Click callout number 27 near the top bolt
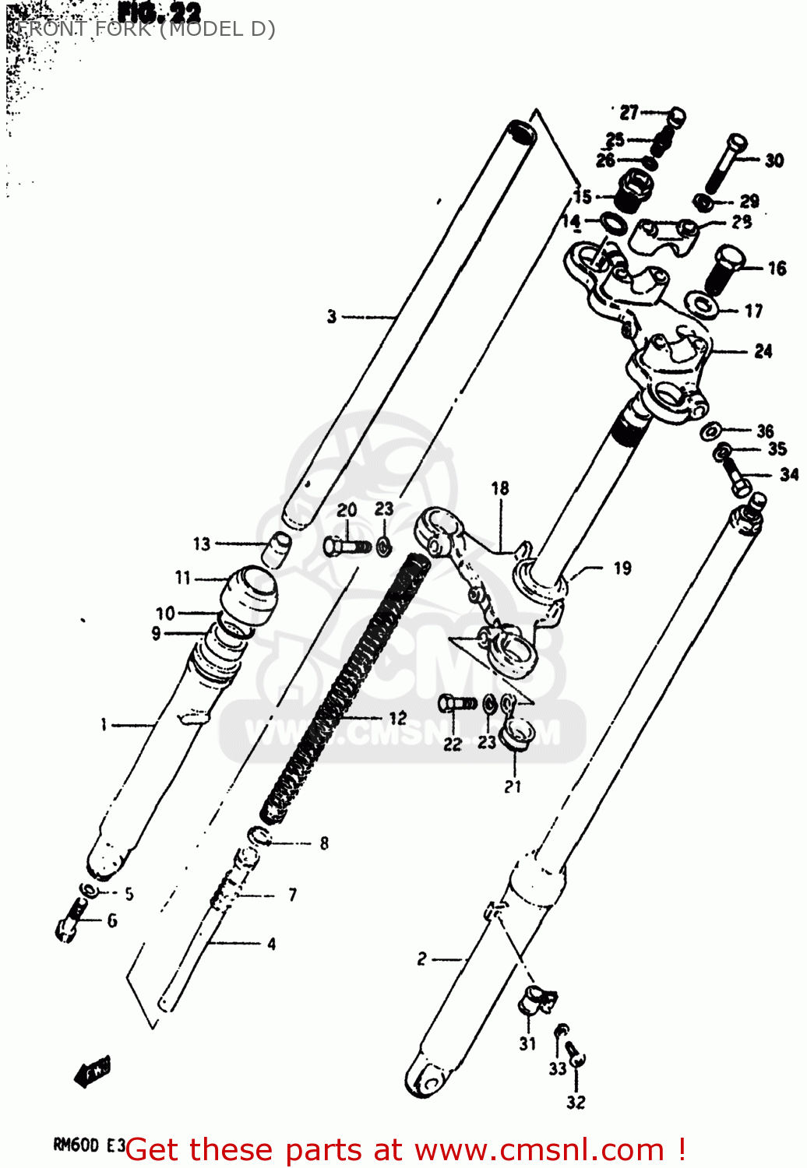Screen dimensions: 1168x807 (x=629, y=113)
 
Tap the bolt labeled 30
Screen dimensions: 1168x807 (x=725, y=164)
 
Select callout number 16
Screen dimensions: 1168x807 (x=777, y=269)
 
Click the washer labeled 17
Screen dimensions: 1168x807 (x=702, y=304)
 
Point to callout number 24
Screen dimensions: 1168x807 (x=763, y=351)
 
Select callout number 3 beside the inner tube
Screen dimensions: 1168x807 (x=332, y=316)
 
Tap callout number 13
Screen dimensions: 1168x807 (x=202, y=544)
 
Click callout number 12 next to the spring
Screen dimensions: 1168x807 (x=397, y=718)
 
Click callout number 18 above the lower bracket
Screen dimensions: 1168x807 (x=499, y=488)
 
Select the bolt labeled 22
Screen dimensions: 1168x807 (x=456, y=704)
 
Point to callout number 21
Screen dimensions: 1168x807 (x=512, y=786)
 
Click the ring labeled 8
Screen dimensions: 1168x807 (x=259, y=837)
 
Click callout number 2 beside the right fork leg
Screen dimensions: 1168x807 (x=421, y=959)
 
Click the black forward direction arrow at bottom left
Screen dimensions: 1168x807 (x=93, y=1072)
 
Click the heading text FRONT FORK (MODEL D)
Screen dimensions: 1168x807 (x=145, y=30)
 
